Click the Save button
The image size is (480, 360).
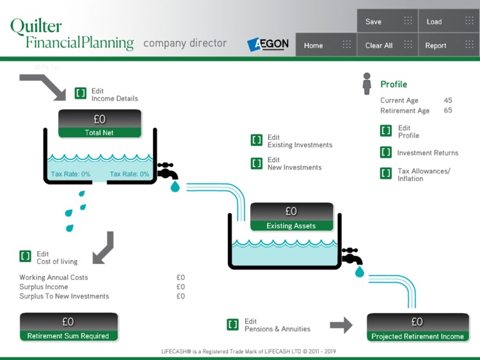pyautogui.click(x=387, y=22)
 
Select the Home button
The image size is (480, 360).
pyautogui.click(x=326, y=45)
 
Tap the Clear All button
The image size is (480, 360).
pyautogui.click(x=387, y=45)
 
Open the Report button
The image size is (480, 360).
pyautogui.click(x=448, y=45)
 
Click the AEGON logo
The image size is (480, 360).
pyautogui.click(x=268, y=44)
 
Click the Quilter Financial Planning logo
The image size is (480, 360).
pyautogui.click(x=71, y=34)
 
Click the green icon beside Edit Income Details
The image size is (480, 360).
pyautogui.click(x=81, y=94)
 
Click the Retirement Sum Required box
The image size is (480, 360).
pyautogui.click(x=68, y=327)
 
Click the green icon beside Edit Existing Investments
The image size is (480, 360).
pyautogui.click(x=257, y=140)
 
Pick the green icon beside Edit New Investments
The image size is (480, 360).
pyautogui.click(x=257, y=163)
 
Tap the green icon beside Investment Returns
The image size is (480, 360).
pyautogui.click(x=386, y=152)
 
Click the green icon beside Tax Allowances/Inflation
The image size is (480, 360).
pyautogui.click(x=386, y=174)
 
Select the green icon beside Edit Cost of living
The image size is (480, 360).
pyautogui.click(x=26, y=256)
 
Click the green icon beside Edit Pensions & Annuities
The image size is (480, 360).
pyautogui.click(x=233, y=325)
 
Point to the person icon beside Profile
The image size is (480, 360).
pyautogui.click(x=367, y=84)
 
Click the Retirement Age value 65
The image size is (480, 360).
pyautogui.click(x=448, y=111)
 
